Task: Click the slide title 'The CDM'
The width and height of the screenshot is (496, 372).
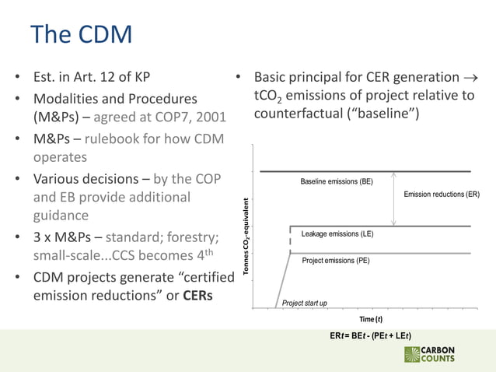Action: point(81,34)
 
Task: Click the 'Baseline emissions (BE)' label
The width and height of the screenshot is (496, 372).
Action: point(337,181)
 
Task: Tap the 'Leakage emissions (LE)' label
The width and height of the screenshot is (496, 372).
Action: point(337,233)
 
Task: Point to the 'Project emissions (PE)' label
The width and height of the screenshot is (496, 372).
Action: point(336,261)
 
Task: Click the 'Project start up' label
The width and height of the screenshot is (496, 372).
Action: point(304,303)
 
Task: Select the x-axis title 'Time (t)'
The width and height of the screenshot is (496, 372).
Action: point(370,320)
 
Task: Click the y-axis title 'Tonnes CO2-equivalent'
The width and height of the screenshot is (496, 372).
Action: point(246,238)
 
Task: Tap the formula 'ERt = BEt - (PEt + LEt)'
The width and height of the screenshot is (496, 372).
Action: point(370,336)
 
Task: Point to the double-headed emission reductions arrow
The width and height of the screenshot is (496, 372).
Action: point(394,198)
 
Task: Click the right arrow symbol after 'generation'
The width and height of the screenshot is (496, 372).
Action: point(470,78)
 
